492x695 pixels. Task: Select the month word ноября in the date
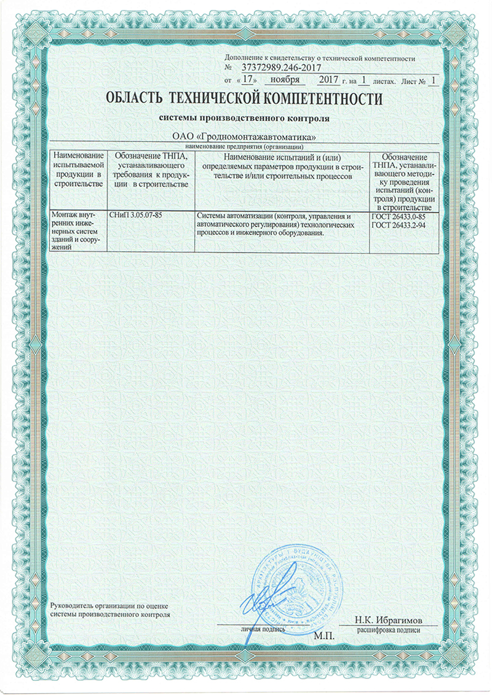pyautogui.click(x=285, y=80)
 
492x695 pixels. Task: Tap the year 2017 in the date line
pyautogui.click(x=333, y=80)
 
